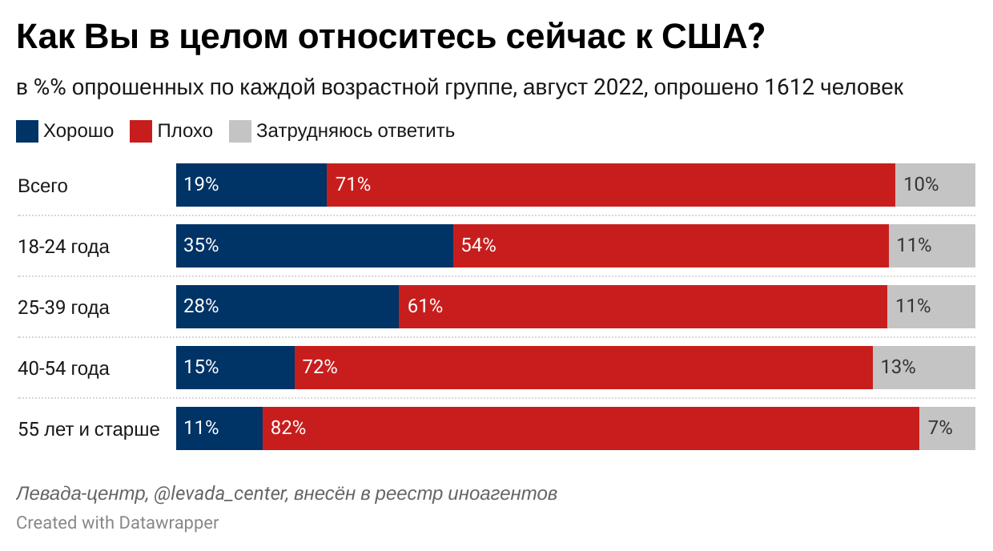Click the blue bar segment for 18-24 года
pos(315,246)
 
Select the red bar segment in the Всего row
pos(610,185)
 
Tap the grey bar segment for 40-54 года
pos(924,368)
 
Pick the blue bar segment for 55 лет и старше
pos(219,428)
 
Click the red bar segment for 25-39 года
pos(642,307)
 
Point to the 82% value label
pos(288,428)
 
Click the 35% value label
pos(201,246)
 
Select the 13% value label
pos(898,368)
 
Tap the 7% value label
pos(940,428)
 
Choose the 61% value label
pos(424,307)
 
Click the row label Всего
pos(43,186)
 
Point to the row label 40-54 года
pos(63,368)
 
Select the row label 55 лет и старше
pos(88,429)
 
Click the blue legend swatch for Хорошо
pos(27,131)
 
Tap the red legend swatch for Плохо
pos(141,131)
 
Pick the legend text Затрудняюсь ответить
pos(355,131)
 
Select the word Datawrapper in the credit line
pos(169,523)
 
